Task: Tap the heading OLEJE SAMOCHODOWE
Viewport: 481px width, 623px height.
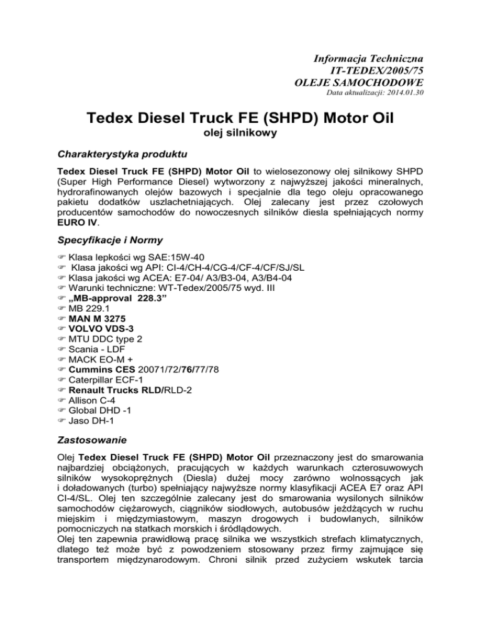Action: pyautogui.click(x=359, y=81)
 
